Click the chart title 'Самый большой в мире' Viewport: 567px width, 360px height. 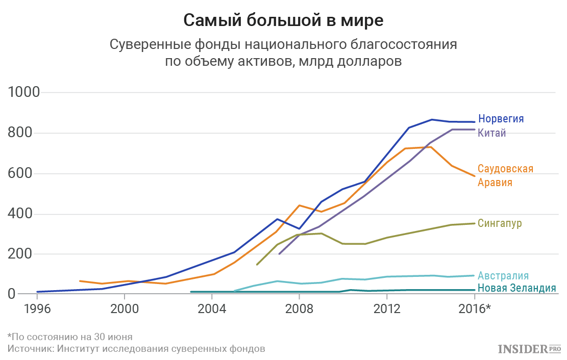(283, 20)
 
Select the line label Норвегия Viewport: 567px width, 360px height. (501, 119)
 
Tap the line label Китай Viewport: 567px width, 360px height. (492, 133)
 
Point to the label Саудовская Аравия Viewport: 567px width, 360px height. (505, 175)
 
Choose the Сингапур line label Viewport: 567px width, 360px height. (500, 223)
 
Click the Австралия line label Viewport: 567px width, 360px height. (503, 276)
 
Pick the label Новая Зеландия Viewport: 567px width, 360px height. (516, 288)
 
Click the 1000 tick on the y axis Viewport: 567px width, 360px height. (24, 93)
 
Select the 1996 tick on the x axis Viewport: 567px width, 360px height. (37, 308)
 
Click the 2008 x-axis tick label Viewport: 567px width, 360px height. (300, 308)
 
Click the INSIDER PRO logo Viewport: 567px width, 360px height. (529, 349)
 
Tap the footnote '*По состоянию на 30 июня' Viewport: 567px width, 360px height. (70, 337)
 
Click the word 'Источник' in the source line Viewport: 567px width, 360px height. (30, 349)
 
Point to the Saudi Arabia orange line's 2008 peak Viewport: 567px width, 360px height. (299, 205)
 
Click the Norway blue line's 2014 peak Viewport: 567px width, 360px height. (431, 119)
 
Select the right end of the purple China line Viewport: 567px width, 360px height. (475, 130)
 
